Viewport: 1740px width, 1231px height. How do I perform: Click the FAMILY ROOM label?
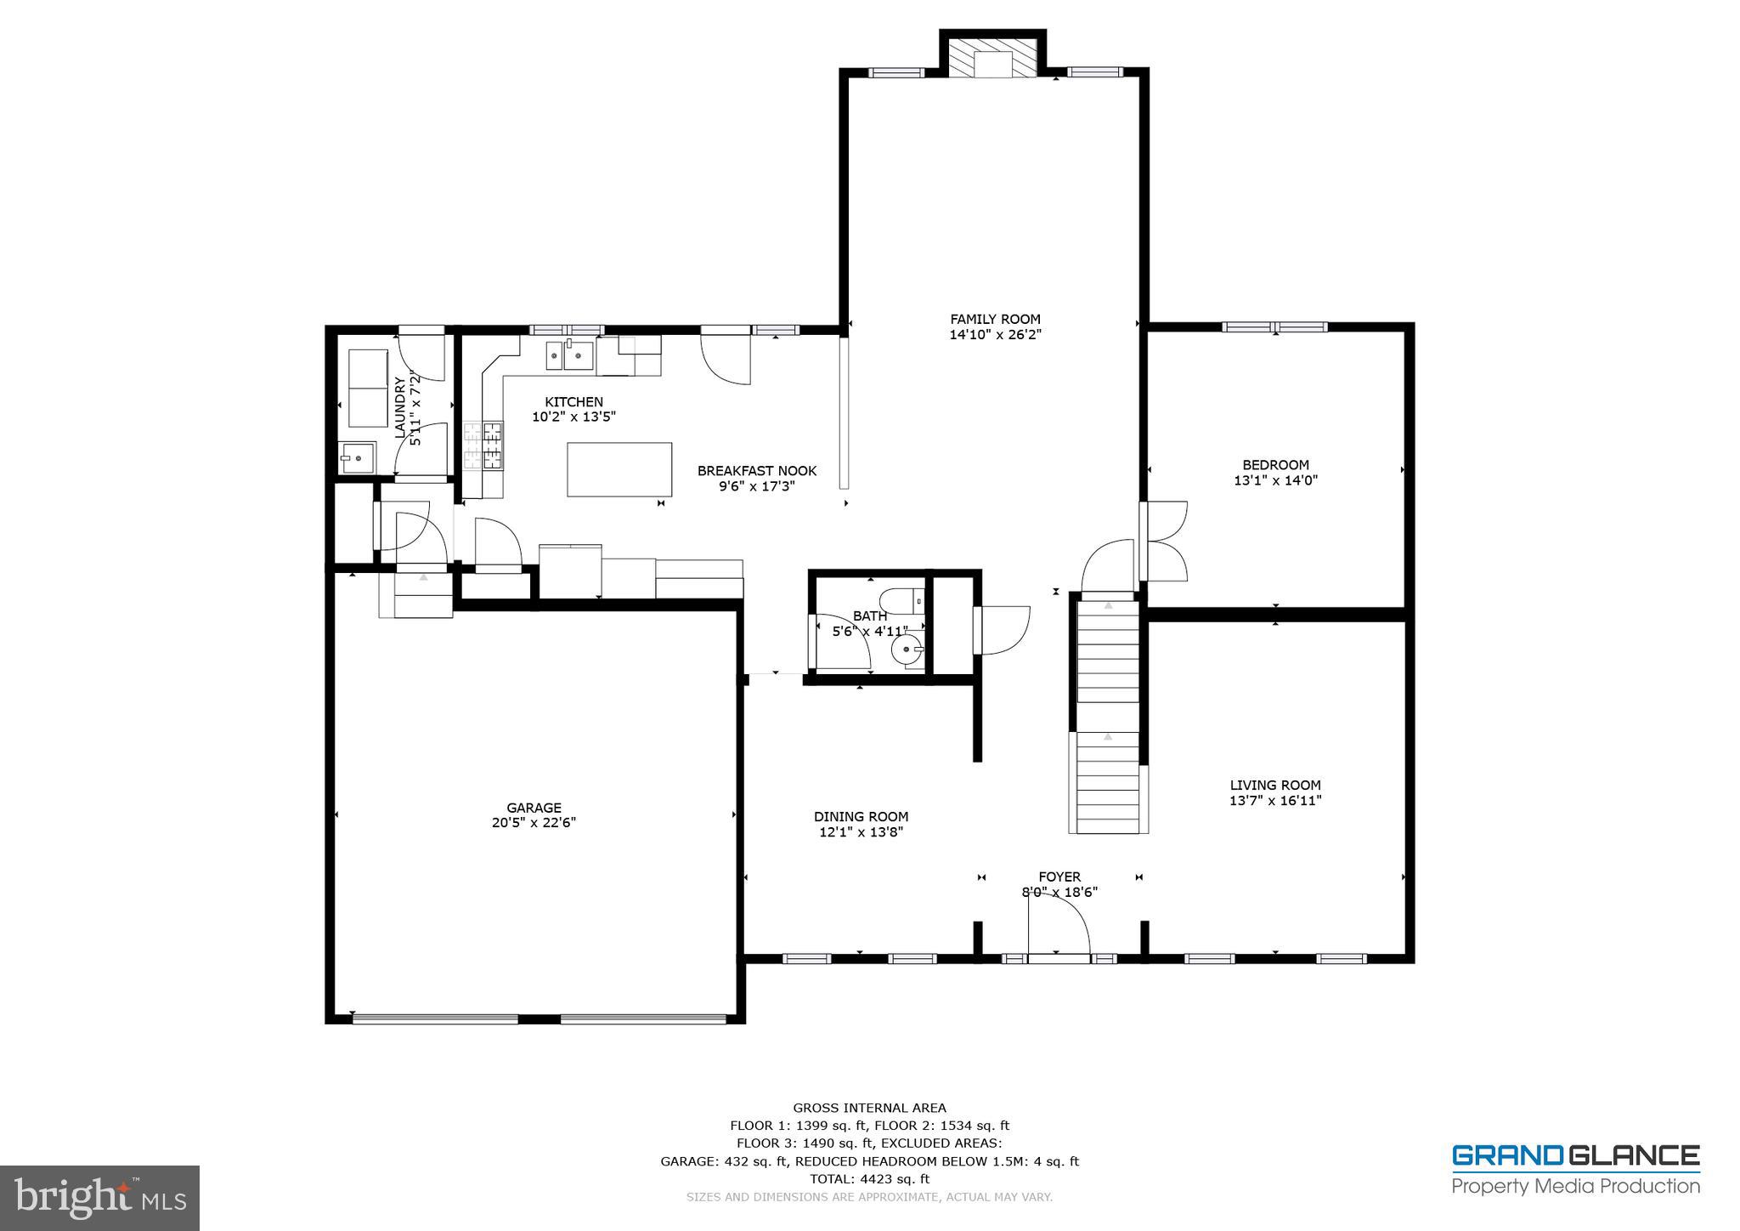point(995,320)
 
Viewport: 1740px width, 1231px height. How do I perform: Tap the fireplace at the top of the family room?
point(993,57)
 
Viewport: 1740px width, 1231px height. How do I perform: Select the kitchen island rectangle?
point(619,469)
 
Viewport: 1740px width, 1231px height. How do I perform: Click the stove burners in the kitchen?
point(483,446)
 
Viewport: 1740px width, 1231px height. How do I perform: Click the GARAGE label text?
point(534,808)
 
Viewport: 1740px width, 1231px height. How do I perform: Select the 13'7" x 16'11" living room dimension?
point(1275,801)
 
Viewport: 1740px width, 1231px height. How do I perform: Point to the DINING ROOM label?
point(861,817)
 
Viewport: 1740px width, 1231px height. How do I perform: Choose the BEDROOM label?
point(1275,465)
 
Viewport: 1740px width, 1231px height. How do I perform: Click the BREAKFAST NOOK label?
point(757,471)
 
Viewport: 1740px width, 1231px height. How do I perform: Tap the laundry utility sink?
point(357,457)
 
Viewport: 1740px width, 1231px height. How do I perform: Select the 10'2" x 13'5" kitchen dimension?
point(573,417)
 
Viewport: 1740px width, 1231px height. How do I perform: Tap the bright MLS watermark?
point(99,1198)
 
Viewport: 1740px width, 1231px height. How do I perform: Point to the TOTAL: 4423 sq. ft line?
point(869,1179)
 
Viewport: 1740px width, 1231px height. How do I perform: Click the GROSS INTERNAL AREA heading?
point(869,1108)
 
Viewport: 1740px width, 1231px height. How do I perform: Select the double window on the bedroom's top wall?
point(1274,326)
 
